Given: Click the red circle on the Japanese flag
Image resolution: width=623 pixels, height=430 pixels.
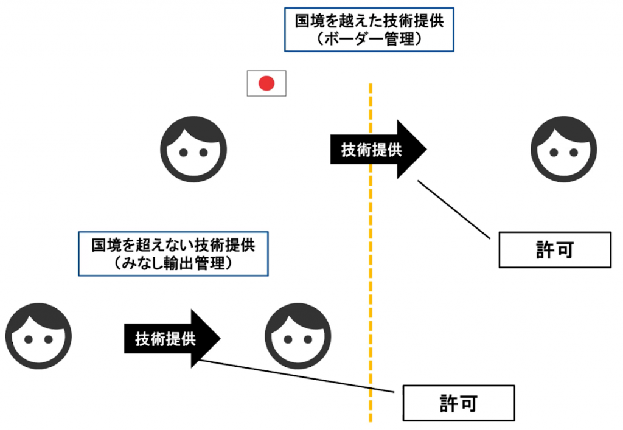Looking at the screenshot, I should tap(266, 83).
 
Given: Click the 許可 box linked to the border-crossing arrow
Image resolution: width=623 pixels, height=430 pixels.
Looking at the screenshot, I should tap(554, 249).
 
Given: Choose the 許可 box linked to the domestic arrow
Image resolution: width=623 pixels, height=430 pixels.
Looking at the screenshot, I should tap(458, 403).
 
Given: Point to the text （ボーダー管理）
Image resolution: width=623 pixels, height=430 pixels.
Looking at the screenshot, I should tap(369, 40).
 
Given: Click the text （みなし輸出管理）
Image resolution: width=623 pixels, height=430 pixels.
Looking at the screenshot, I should tap(173, 263).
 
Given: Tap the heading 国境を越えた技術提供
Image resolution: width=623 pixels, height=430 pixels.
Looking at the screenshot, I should tap(369, 21).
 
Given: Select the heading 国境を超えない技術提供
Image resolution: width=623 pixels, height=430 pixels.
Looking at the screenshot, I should tap(173, 245).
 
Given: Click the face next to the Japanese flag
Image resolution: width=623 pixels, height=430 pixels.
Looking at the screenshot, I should tap(193, 149).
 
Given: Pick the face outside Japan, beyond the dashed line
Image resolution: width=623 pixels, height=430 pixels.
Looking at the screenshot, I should tap(563, 149).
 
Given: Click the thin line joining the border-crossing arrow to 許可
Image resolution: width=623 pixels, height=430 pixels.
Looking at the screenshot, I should tap(453, 208).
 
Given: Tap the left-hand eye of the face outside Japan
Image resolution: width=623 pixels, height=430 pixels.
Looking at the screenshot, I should tap(553, 152).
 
